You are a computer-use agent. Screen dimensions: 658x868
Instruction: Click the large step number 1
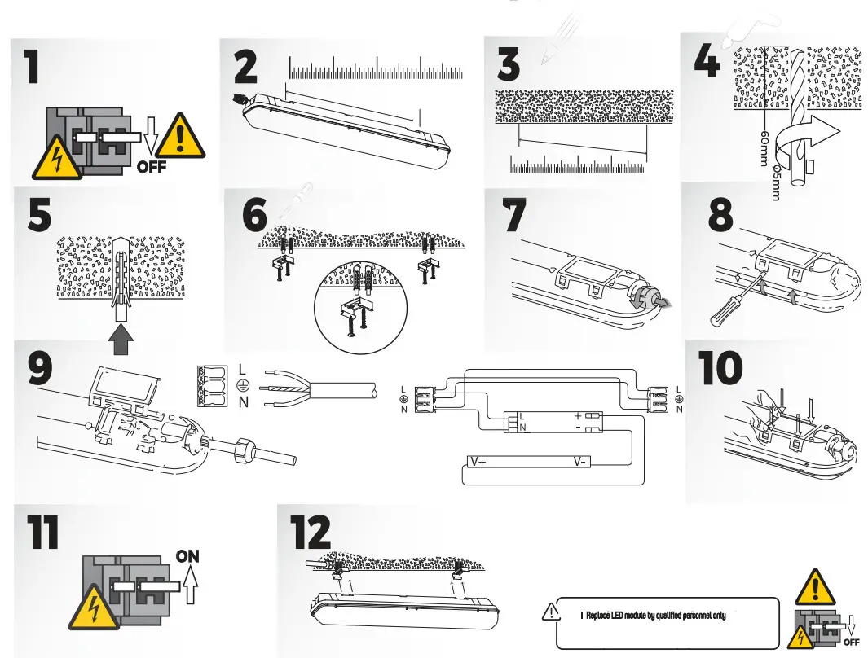31,66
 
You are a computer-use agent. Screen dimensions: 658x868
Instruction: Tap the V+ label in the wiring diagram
478,462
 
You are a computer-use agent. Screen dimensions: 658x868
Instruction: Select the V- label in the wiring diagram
579,462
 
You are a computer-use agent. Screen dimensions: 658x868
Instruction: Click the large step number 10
720,369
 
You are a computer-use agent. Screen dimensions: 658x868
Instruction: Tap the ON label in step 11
187,556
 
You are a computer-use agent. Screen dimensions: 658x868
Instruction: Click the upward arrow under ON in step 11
191,585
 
